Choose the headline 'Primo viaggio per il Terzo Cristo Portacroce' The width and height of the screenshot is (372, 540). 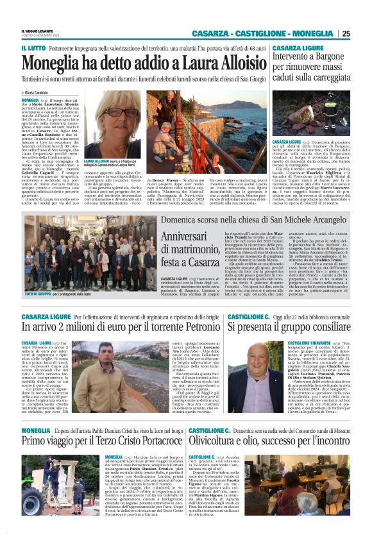[101, 441]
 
